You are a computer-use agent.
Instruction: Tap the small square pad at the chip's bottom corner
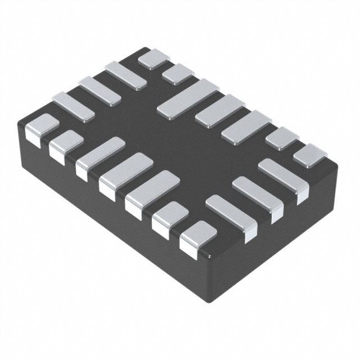point(198,236)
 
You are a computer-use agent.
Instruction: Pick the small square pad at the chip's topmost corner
point(153,58)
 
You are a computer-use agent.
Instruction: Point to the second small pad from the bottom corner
point(170,217)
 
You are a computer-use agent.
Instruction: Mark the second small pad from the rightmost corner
point(281,137)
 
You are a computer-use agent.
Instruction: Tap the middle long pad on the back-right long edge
point(218,109)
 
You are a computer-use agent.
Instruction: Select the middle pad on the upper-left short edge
point(100,91)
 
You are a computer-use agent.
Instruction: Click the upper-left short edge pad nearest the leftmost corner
point(74,106)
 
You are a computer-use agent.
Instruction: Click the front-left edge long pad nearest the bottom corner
point(152,192)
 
